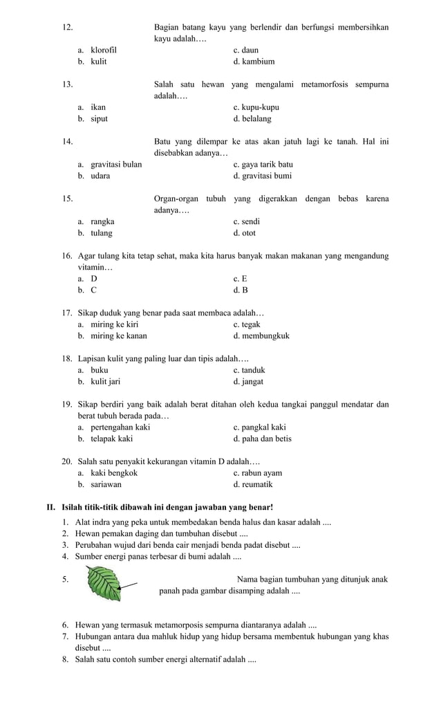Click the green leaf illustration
click(x=106, y=582)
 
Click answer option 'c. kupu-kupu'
click(x=256, y=107)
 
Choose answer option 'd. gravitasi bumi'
click(x=262, y=176)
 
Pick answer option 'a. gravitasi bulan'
click(x=110, y=164)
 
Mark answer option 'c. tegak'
click(x=247, y=324)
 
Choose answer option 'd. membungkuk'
click(x=261, y=336)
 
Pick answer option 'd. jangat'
click(x=248, y=381)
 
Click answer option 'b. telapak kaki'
click(x=105, y=439)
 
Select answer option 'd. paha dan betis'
click(x=262, y=439)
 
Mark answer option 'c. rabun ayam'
click(x=257, y=473)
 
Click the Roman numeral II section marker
click(x=50, y=508)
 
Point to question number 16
click(x=67, y=256)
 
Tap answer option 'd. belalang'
click(x=252, y=118)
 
